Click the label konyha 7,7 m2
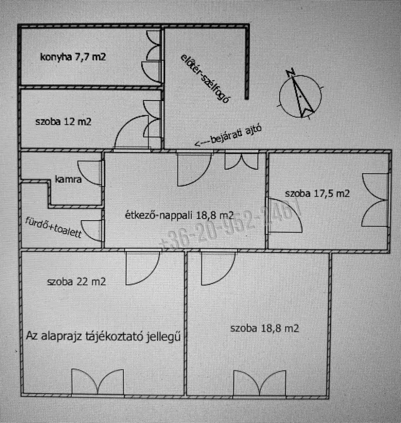coord(73,57)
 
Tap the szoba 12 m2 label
coord(63,121)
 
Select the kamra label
coord(69,179)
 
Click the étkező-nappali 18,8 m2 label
coord(178,215)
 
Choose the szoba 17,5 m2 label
coord(317,193)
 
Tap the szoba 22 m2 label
coord(76,281)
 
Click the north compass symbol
coord(300,95)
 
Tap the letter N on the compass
coord(290,73)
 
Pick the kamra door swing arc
coord(89,172)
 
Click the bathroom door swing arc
coord(91,231)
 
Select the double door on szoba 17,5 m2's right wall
coord(376,200)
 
